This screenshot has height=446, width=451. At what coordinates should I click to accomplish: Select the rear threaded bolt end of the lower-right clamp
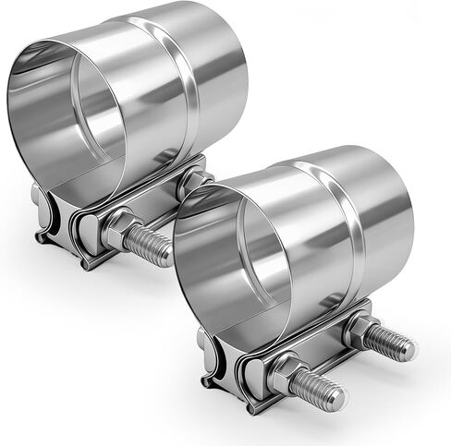[393, 343]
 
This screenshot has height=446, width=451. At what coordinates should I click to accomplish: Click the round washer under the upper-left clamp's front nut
[102, 231]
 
